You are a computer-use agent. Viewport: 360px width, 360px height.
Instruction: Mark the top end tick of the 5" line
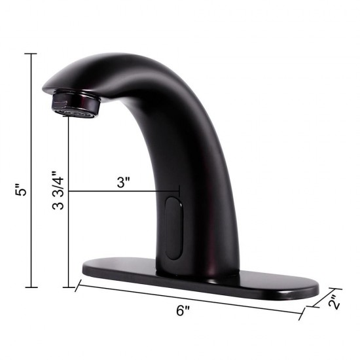31,54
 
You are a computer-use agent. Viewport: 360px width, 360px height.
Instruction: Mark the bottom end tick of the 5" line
31,287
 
